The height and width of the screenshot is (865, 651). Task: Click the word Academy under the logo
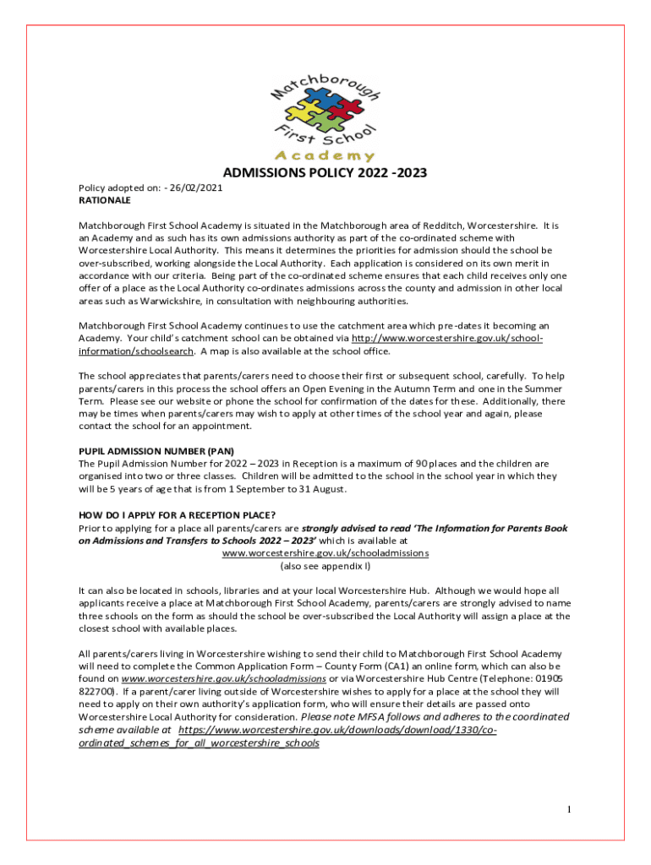325,156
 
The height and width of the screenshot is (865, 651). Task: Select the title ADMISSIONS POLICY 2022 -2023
325,174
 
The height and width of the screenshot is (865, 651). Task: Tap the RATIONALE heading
105,201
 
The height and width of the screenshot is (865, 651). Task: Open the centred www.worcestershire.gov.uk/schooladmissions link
325,552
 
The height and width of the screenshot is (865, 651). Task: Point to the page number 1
570,811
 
